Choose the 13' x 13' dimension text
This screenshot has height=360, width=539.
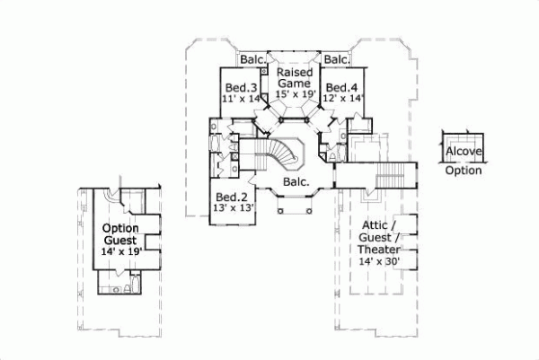pyautogui.click(x=232, y=208)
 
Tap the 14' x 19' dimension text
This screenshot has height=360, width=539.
pyautogui.click(x=119, y=252)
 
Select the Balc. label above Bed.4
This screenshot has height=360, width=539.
pyautogui.click(x=336, y=60)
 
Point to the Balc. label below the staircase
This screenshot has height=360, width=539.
pyautogui.click(x=297, y=183)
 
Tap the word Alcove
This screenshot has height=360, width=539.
pyautogui.click(x=464, y=152)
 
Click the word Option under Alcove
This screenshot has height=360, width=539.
pyautogui.click(x=464, y=171)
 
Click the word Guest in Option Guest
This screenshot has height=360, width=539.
pyautogui.click(x=119, y=241)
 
